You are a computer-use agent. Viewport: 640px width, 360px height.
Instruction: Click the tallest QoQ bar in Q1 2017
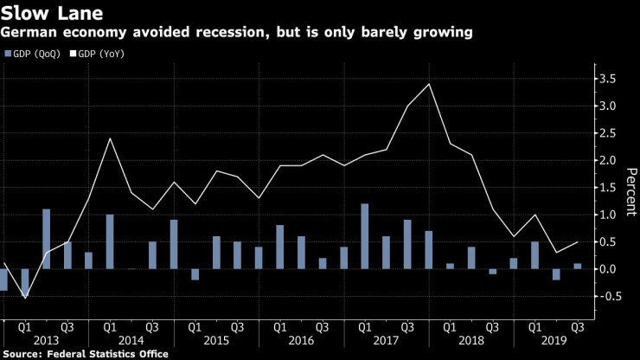[364, 236]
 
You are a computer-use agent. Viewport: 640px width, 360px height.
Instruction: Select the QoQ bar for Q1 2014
[110, 241]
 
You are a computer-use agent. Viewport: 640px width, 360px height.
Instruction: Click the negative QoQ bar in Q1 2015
[195, 274]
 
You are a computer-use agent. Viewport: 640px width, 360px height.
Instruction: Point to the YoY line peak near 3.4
[428, 84]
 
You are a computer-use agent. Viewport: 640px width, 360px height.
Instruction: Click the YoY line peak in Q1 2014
[110, 138]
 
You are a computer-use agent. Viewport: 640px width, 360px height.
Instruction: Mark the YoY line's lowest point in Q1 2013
[26, 298]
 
